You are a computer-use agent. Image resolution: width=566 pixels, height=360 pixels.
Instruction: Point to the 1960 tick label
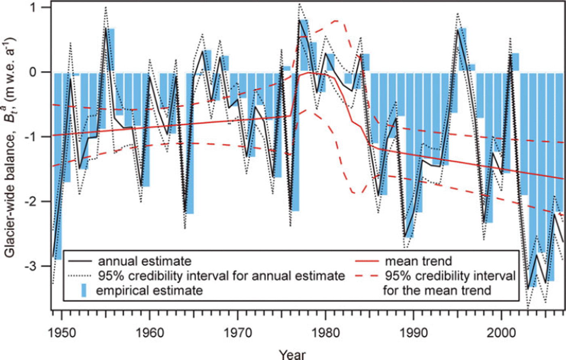pyautogui.click(x=150, y=333)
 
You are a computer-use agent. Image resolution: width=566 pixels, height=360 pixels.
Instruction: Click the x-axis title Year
pyautogui.click(x=292, y=354)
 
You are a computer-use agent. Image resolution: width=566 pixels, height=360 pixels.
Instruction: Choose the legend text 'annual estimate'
pyautogui.click(x=144, y=261)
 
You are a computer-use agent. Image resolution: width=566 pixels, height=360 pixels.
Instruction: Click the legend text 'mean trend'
pyautogui.click(x=418, y=261)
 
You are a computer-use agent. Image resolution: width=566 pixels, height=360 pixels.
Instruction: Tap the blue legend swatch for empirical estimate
pyautogui.click(x=84, y=291)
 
